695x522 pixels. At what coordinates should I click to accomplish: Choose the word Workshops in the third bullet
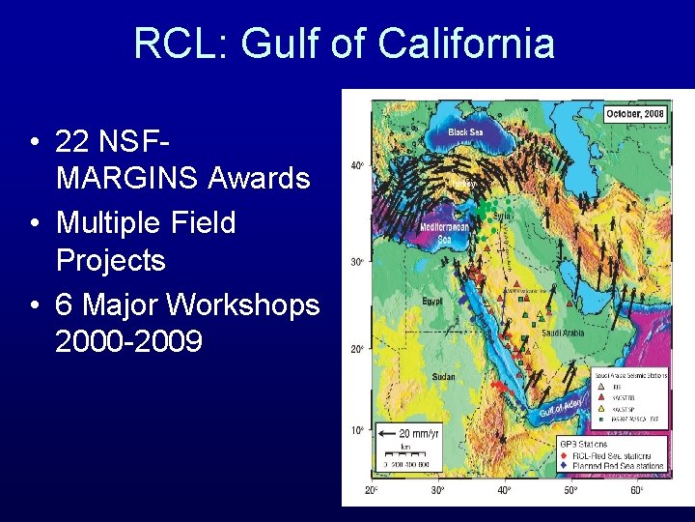click(x=242, y=304)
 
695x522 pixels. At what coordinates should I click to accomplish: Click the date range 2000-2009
click(x=129, y=342)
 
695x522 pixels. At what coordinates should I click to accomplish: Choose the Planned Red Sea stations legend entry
click(x=618, y=466)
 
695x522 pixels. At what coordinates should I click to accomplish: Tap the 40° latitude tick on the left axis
click(x=357, y=166)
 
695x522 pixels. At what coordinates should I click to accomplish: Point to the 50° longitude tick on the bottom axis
click(x=570, y=490)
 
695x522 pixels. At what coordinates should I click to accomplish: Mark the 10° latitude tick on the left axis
click(x=357, y=429)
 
